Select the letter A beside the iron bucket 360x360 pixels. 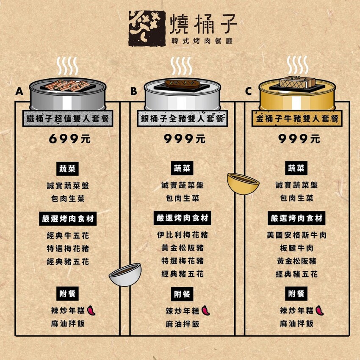pyautogui.click(x=19, y=91)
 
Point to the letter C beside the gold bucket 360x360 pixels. pyautogui.click(x=249, y=91)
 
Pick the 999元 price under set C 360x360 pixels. pyautogui.click(x=299, y=139)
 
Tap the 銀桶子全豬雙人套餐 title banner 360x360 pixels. pyautogui.click(x=183, y=119)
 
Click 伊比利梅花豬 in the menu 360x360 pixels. pyautogui.click(x=183, y=235)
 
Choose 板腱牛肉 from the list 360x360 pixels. pyautogui.click(x=296, y=248)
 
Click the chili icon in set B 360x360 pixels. pyautogui.click(x=206, y=311)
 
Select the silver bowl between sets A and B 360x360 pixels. pyautogui.click(x=125, y=274)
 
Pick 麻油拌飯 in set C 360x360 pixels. pyautogui.click(x=296, y=324)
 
